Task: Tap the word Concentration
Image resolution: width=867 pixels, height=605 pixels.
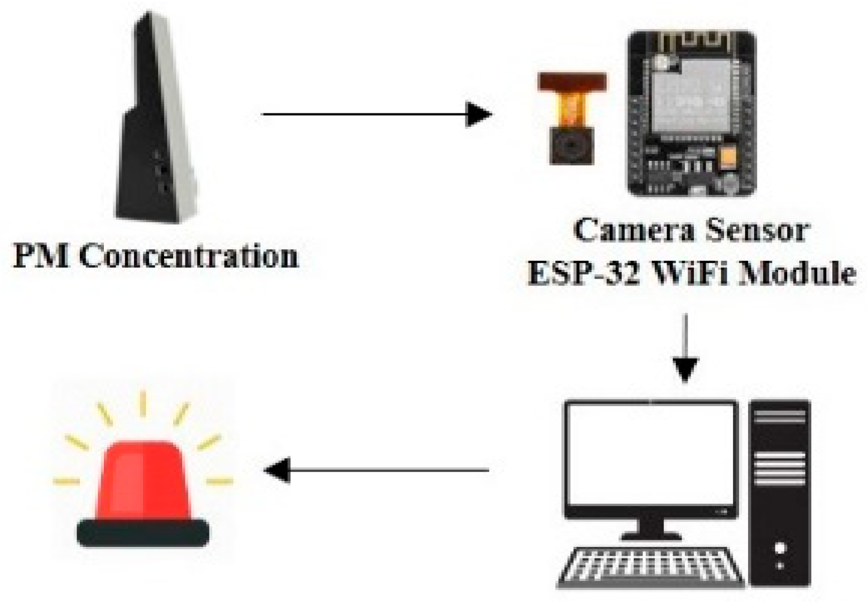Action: click(188, 256)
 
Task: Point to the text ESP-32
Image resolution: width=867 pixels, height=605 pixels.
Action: click(583, 273)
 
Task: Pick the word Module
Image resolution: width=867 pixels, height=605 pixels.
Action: click(799, 273)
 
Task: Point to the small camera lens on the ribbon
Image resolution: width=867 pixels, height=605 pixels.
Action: click(573, 146)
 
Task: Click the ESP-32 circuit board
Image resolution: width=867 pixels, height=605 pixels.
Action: click(690, 115)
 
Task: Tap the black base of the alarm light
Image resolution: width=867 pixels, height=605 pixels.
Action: click(143, 532)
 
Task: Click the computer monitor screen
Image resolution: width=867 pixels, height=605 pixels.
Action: click(650, 452)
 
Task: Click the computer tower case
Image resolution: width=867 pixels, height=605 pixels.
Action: click(780, 492)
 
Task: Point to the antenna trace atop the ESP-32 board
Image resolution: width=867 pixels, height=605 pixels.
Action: click(690, 42)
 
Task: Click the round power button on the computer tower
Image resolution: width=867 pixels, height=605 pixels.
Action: click(780, 548)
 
